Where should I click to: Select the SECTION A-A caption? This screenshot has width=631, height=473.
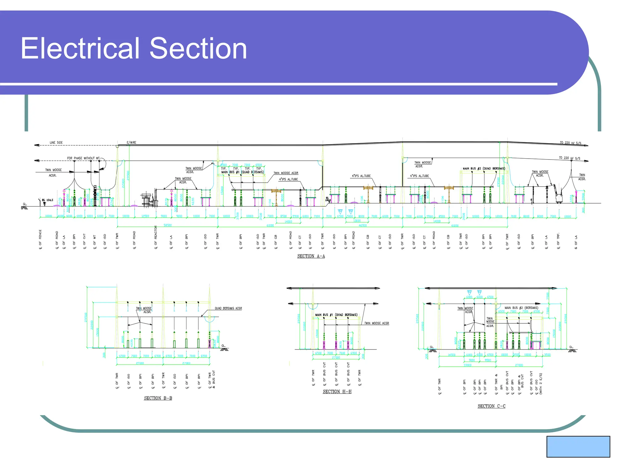(x=311, y=256)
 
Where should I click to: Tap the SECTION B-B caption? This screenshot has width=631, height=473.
(x=158, y=398)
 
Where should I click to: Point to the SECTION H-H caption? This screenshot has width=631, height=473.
(x=337, y=392)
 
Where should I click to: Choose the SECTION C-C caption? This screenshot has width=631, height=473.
(x=491, y=406)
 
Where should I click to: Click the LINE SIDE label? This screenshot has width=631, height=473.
(x=56, y=143)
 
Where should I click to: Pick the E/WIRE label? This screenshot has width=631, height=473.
(x=131, y=143)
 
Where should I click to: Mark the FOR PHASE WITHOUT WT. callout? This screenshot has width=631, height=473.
(x=83, y=158)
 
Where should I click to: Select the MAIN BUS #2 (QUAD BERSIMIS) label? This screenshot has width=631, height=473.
(x=484, y=168)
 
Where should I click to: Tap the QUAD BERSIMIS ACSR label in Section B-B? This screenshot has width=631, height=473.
(x=228, y=308)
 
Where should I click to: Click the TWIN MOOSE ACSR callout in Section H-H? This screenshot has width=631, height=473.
(x=377, y=323)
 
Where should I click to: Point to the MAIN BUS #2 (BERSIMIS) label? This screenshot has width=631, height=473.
(x=521, y=308)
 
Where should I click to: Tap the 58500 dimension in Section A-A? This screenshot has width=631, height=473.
(x=168, y=225)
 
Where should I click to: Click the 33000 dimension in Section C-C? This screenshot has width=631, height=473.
(x=467, y=366)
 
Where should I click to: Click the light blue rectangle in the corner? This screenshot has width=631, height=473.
(x=578, y=447)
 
